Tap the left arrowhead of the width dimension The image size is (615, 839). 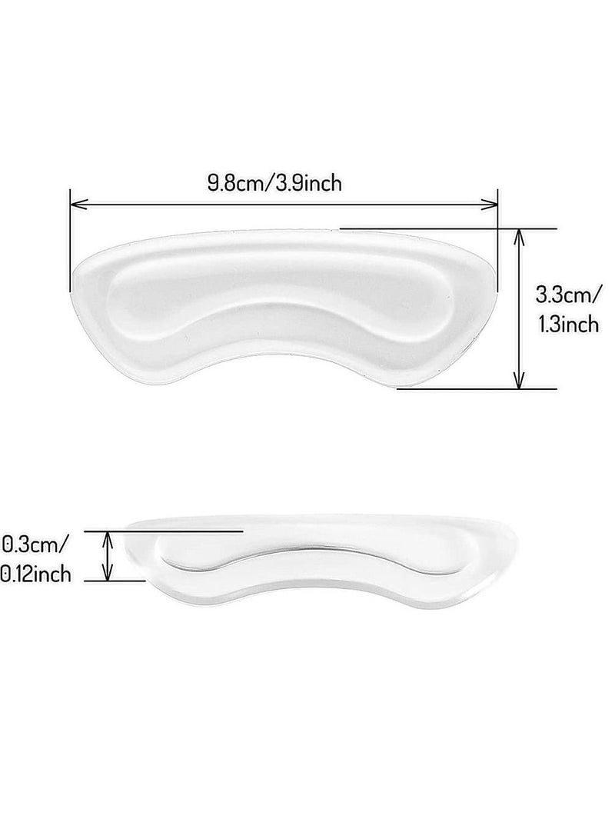(75, 205)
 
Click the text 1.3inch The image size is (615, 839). (569, 325)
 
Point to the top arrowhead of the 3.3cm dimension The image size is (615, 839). (520, 234)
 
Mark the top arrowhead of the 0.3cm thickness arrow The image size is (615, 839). (108, 536)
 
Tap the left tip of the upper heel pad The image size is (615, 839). (75, 271)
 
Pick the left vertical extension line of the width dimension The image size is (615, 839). (70, 238)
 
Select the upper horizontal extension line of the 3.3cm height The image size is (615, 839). (446, 228)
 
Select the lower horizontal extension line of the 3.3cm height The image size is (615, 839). (477, 388)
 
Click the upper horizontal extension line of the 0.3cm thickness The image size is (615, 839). (177, 531)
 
